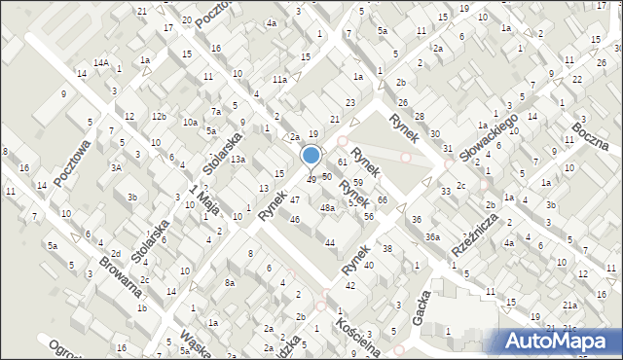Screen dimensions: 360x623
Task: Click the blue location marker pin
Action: pyautogui.click(x=311, y=157)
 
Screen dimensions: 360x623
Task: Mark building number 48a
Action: pyautogui.click(x=329, y=207)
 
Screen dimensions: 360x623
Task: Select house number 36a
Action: pyautogui.click(x=431, y=236)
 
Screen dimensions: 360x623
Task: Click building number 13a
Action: pyautogui.click(x=237, y=159)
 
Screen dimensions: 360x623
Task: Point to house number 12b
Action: pyautogui.click(x=159, y=117)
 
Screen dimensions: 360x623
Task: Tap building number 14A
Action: pyautogui.click(x=100, y=63)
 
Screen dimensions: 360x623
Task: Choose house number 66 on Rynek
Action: pyautogui.click(x=383, y=199)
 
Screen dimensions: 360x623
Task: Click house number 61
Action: pyautogui.click(x=342, y=161)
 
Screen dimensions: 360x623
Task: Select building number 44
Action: pyautogui.click(x=330, y=242)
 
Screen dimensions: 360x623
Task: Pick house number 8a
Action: pyautogui.click(x=231, y=282)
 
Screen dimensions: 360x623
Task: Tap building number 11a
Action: pyautogui.click(x=279, y=79)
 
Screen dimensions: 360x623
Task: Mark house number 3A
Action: pyautogui.click(x=116, y=167)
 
